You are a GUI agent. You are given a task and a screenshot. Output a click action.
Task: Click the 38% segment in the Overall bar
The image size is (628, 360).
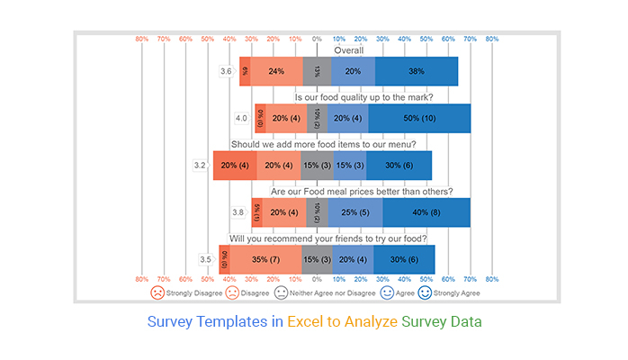point(416,71)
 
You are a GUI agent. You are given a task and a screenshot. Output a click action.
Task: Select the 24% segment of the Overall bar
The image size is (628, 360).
point(276,71)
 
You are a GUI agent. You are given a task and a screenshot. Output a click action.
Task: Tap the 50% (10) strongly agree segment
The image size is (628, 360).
point(419,118)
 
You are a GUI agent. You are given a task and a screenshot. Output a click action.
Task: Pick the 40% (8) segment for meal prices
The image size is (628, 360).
point(426,212)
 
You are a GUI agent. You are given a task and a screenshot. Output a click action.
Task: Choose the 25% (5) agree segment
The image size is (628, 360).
point(355,212)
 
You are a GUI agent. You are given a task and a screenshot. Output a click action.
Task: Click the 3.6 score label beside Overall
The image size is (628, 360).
point(227,71)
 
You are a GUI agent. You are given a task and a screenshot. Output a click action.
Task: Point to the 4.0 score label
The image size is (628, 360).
point(241,118)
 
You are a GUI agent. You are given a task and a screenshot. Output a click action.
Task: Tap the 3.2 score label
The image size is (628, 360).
point(200,166)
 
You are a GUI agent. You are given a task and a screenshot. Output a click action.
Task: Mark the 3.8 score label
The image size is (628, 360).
point(238,212)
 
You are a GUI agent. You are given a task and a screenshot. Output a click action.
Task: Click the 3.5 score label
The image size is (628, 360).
point(205,260)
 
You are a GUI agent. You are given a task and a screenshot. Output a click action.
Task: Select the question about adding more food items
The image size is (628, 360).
point(328,144)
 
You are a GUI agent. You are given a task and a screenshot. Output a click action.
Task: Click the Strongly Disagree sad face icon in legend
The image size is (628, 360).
point(157,292)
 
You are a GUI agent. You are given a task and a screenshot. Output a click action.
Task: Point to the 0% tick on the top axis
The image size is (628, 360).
point(317,40)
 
